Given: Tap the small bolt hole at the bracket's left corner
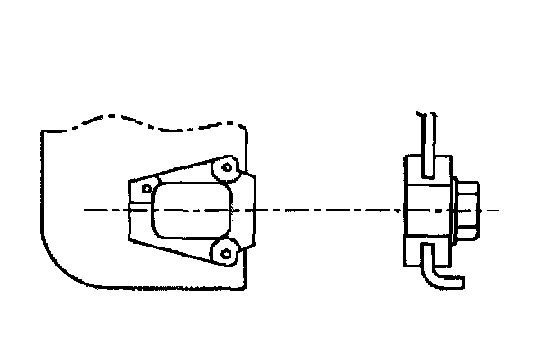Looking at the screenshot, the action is click(x=145, y=189).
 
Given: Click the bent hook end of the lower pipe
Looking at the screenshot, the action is click(x=454, y=283).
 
